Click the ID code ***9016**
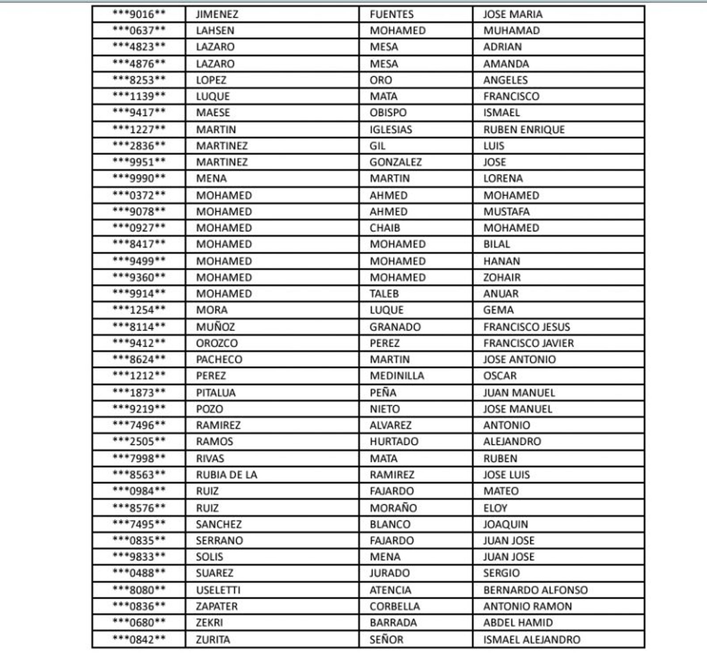(139, 15)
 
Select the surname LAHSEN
(215, 31)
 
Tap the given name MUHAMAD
(511, 31)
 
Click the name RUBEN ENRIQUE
(524, 130)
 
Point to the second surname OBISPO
(388, 113)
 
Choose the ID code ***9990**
(139, 179)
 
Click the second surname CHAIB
(384, 228)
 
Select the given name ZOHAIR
(502, 278)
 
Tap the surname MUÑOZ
(215, 327)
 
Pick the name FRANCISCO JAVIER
(528, 344)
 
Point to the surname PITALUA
(216, 393)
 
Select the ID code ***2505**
(139, 442)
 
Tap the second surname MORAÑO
(393, 509)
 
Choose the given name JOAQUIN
(505, 525)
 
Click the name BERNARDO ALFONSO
(535, 591)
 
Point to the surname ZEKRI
(209, 623)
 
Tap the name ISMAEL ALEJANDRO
(532, 640)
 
